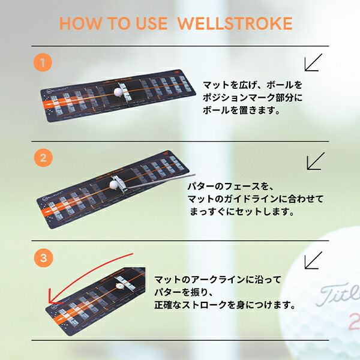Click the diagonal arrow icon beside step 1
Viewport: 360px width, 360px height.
[313, 62]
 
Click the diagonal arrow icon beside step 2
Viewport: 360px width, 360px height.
[315, 161]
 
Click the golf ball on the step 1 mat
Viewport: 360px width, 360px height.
[118, 92]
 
